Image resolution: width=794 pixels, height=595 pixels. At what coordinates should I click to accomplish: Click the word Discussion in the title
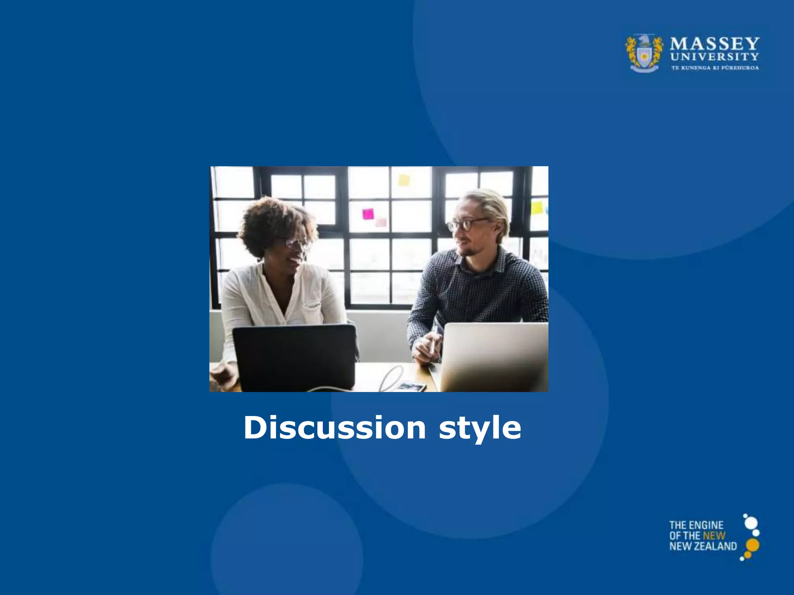pyautogui.click(x=335, y=428)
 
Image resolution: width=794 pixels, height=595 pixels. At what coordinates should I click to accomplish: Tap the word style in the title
pyautogui.click(x=480, y=428)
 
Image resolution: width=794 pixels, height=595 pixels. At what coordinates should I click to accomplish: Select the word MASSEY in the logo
pyautogui.click(x=715, y=43)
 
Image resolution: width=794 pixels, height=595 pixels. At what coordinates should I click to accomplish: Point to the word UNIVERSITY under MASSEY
pyautogui.click(x=715, y=57)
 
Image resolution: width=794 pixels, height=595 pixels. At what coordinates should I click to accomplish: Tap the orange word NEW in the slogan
pyautogui.click(x=714, y=536)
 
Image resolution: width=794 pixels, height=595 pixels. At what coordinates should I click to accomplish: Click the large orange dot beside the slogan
pyautogui.click(x=753, y=545)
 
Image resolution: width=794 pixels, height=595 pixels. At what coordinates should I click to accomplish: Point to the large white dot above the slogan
pyautogui.click(x=751, y=523)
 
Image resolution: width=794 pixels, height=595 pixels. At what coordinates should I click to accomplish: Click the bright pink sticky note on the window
pyautogui.click(x=368, y=214)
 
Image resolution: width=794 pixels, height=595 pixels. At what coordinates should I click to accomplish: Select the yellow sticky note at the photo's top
pyautogui.click(x=404, y=180)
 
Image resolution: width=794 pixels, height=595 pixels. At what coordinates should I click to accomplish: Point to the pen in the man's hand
pyautogui.click(x=433, y=341)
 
